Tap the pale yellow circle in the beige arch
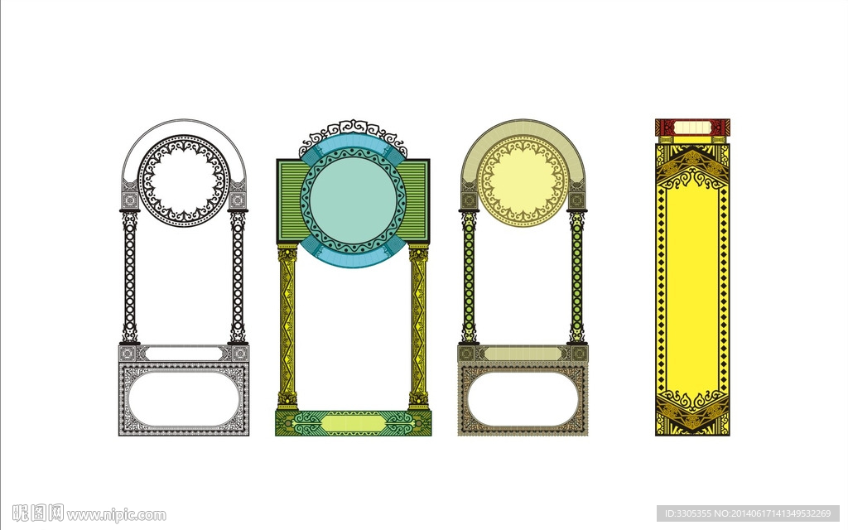tap(523, 181)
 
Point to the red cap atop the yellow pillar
tap(692, 128)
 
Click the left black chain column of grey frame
tap(129, 277)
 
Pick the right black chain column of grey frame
tap(238, 277)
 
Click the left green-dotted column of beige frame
tap(469, 277)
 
